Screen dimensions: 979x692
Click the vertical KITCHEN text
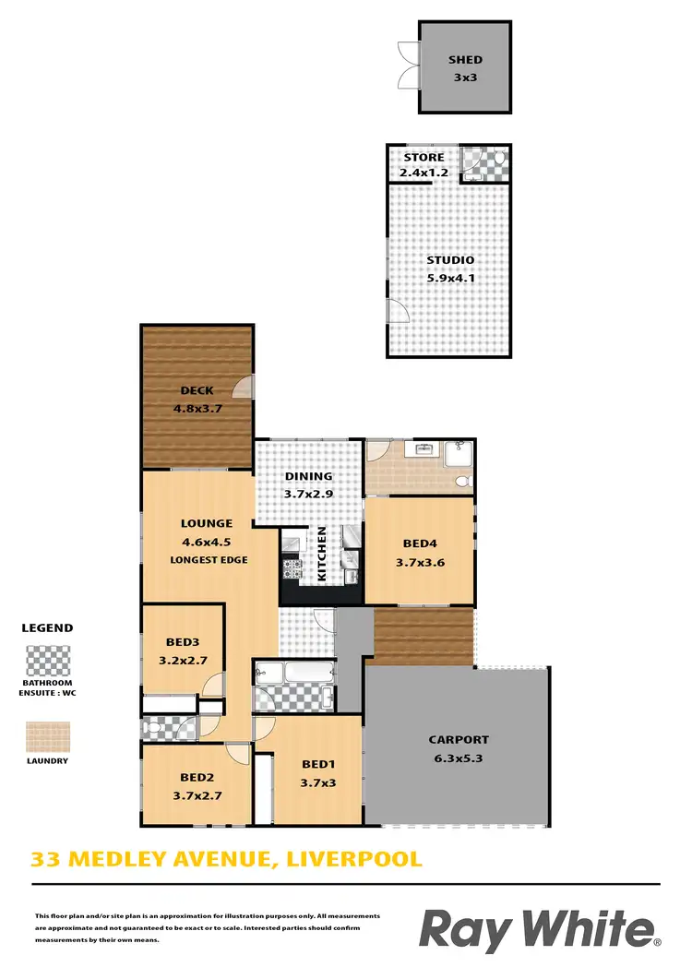pyautogui.click(x=321, y=554)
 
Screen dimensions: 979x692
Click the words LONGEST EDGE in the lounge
pyautogui.click(x=209, y=560)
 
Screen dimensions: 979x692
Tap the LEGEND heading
pyautogui.click(x=47, y=627)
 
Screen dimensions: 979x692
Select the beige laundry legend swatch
pyautogui.click(x=47, y=737)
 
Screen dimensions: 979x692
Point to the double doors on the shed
pyautogui.click(x=407, y=66)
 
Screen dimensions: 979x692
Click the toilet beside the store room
pyautogui.click(x=498, y=162)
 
